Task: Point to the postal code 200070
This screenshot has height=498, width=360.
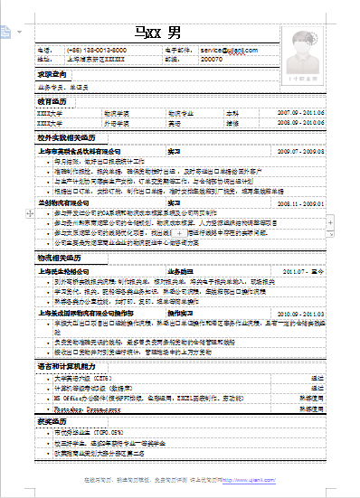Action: click(x=212, y=59)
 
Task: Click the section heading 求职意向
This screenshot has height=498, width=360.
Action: click(x=52, y=74)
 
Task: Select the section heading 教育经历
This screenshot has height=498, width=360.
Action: click(x=52, y=102)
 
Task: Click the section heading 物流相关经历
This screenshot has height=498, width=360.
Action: click(x=56, y=258)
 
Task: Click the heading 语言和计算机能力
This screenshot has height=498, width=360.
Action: click(x=65, y=364)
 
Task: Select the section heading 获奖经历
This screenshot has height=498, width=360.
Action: click(x=52, y=420)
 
